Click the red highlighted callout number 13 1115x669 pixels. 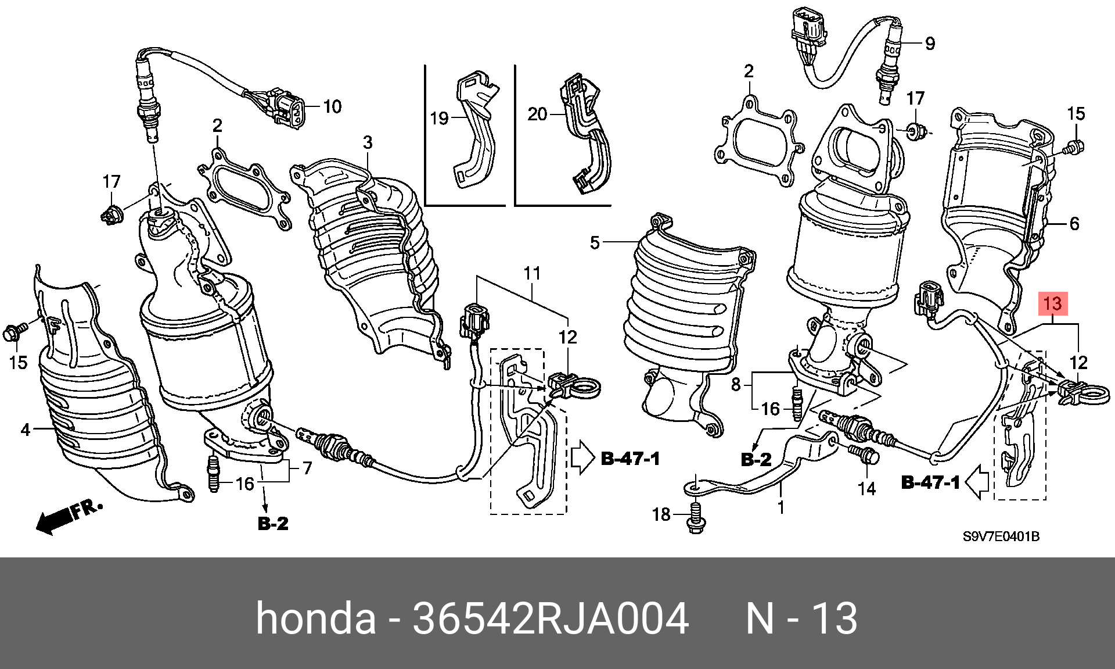click(1052, 303)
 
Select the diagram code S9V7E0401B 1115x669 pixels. click(1001, 536)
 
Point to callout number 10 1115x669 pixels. click(332, 106)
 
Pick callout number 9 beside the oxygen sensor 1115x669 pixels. click(930, 44)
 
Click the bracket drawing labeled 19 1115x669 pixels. click(473, 131)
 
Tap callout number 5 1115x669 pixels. click(594, 242)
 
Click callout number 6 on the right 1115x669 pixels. click(1074, 223)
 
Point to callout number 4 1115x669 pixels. click(25, 430)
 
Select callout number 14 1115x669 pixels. click(866, 488)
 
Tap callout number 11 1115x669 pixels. click(532, 273)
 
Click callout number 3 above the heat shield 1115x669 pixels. click(368, 142)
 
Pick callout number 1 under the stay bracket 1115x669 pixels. click(781, 507)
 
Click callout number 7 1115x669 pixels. click(307, 467)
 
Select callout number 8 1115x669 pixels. click(736, 384)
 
